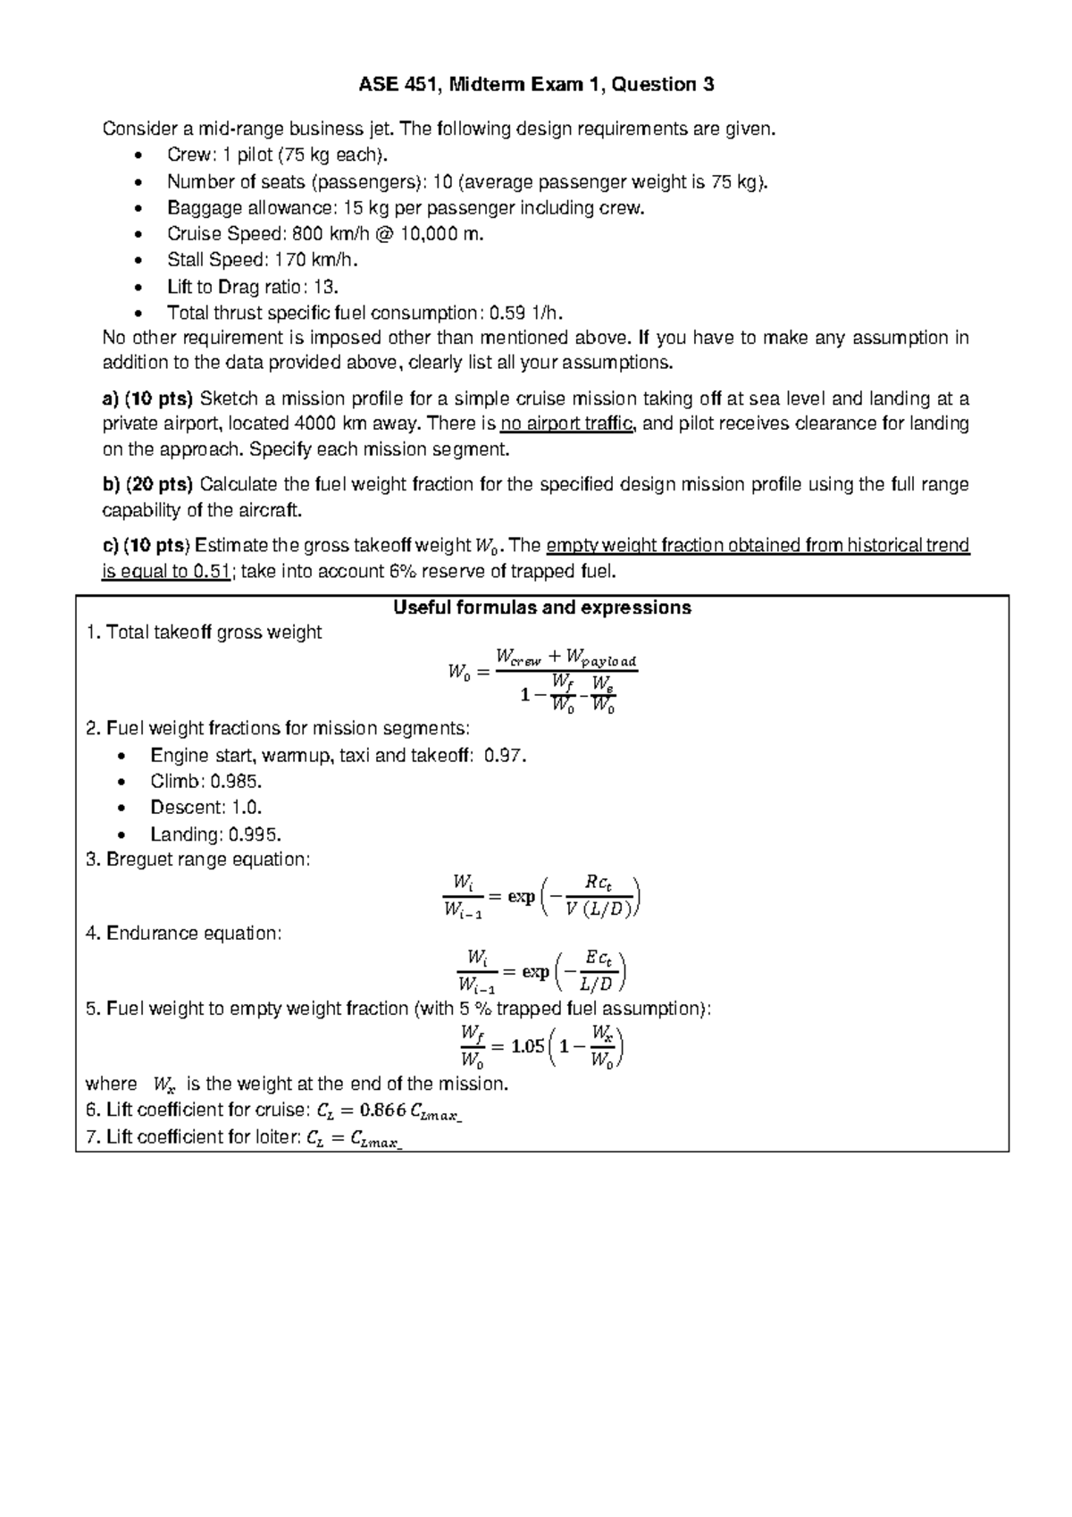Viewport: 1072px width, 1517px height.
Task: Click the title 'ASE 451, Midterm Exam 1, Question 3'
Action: point(536,86)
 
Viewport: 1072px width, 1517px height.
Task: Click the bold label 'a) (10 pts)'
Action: point(148,398)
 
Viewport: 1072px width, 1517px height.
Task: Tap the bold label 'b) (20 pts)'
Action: point(148,485)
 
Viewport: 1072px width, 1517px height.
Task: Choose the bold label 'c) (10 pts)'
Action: point(147,546)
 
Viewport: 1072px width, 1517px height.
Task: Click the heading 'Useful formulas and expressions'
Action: point(542,608)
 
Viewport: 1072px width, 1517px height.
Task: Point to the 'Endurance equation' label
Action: point(193,934)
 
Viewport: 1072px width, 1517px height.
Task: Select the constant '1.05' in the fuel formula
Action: point(527,1046)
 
